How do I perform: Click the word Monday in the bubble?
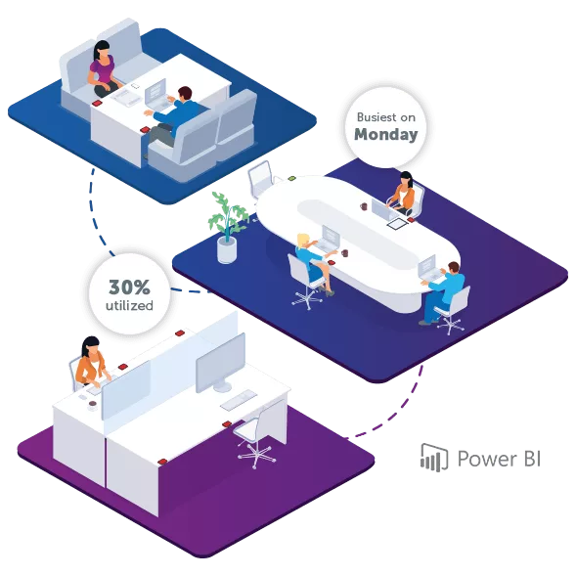click(x=385, y=134)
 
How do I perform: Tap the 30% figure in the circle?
click(x=129, y=287)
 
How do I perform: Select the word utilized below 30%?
click(x=129, y=306)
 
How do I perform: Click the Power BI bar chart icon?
click(x=434, y=458)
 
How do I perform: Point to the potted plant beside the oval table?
click(x=227, y=228)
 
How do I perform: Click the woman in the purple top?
click(x=102, y=69)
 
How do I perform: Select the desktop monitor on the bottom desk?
click(x=221, y=365)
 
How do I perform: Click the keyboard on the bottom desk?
click(x=239, y=400)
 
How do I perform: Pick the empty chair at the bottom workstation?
click(x=256, y=437)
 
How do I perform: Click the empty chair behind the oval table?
click(x=261, y=179)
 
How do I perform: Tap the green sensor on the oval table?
click(x=291, y=179)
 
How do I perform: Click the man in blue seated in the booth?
click(x=173, y=117)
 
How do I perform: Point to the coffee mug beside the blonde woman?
click(x=344, y=253)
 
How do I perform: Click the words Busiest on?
click(x=385, y=117)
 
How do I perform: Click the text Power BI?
click(x=499, y=459)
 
